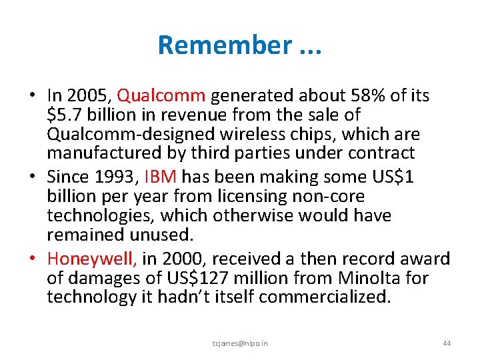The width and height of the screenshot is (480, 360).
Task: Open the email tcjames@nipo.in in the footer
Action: click(240, 343)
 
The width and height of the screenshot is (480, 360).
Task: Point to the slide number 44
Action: click(447, 343)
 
